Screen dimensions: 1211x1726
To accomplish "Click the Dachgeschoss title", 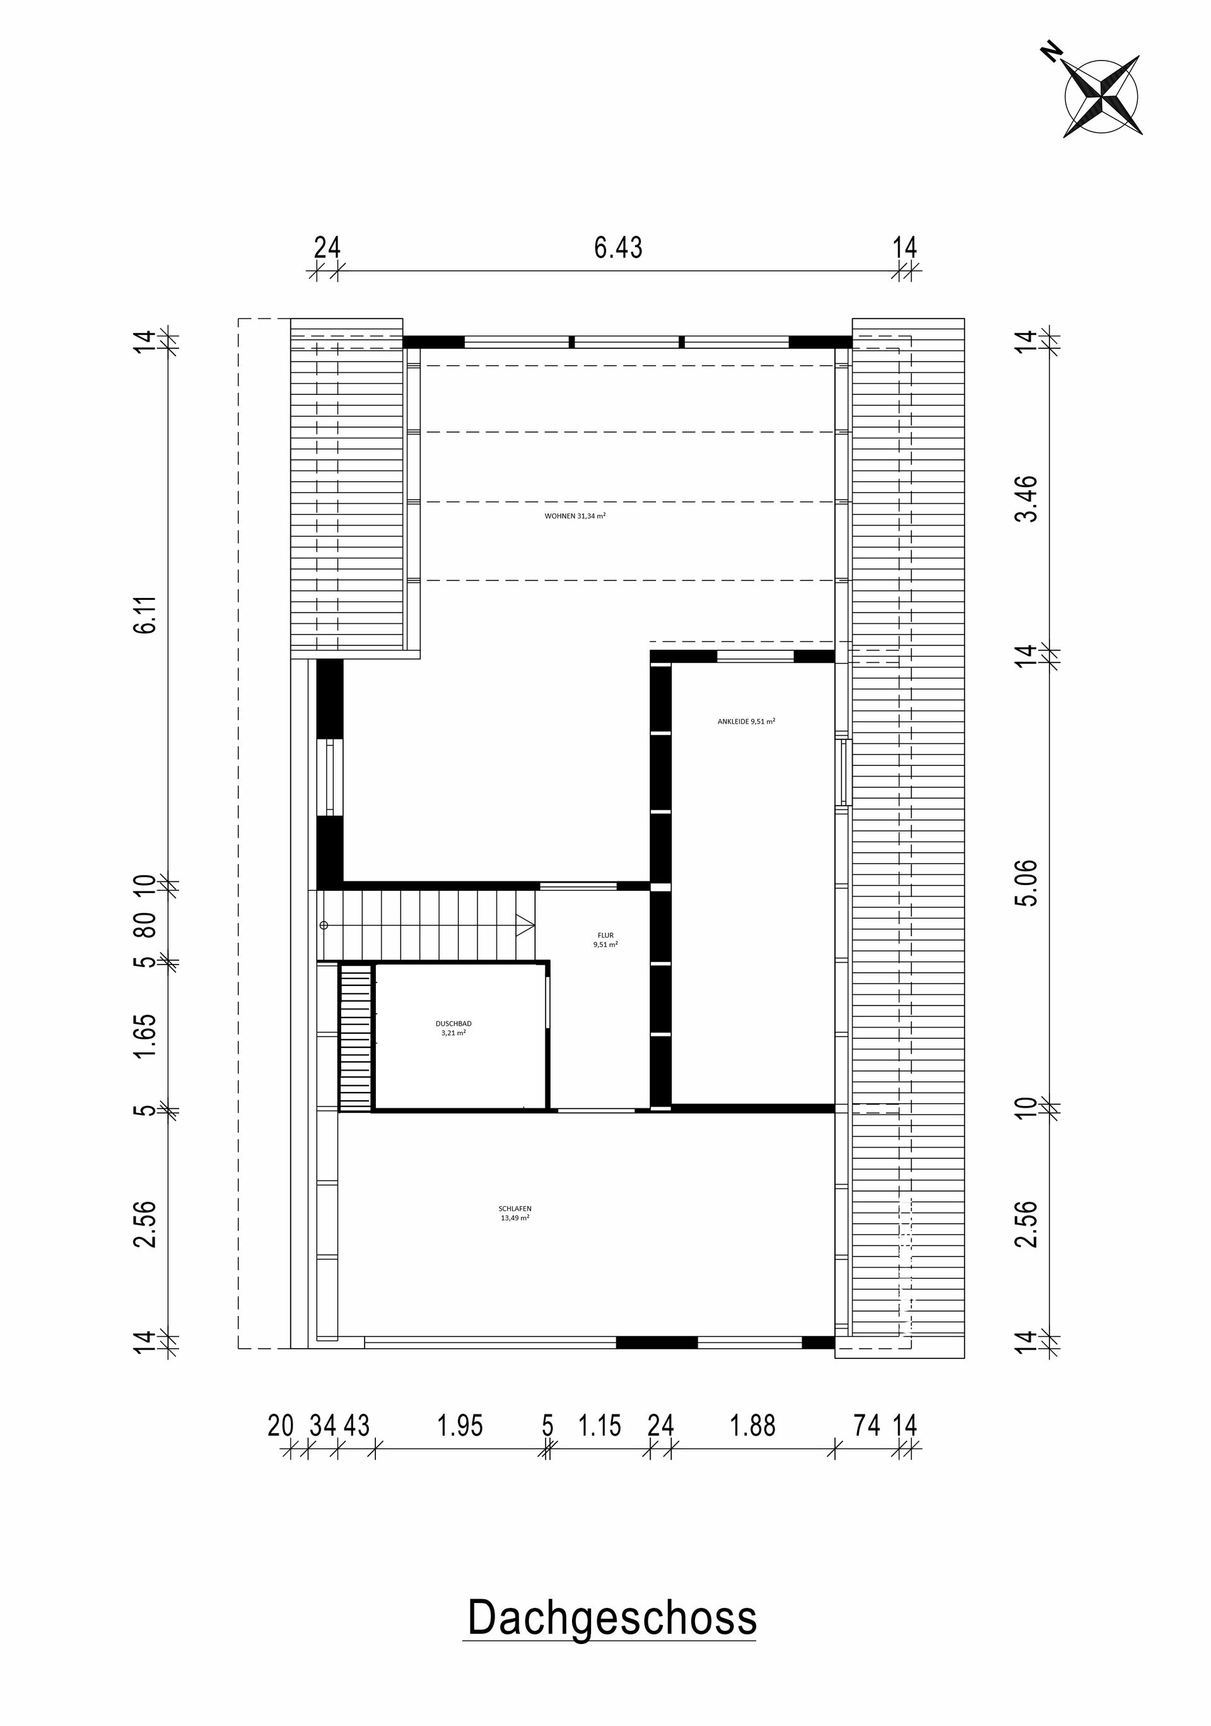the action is (x=611, y=1619).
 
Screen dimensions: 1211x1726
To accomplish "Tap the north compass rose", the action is (x=1101, y=97).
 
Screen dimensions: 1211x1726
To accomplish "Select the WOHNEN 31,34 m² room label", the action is (x=575, y=517).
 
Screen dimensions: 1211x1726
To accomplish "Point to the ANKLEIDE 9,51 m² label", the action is (x=746, y=721).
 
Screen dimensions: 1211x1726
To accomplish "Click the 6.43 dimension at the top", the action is (x=618, y=247).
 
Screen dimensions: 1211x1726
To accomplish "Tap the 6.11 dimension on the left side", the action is (x=145, y=614).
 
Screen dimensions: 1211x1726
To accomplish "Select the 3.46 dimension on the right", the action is (x=1026, y=498).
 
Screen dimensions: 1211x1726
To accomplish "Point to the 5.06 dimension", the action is (x=1026, y=883).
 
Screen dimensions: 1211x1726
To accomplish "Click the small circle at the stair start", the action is (x=325, y=925).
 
